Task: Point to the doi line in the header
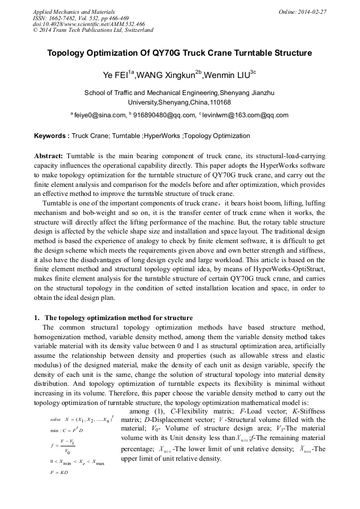(x=88, y=24)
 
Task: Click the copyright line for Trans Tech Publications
(x=93, y=30)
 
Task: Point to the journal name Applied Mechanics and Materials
(x=74, y=11)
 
